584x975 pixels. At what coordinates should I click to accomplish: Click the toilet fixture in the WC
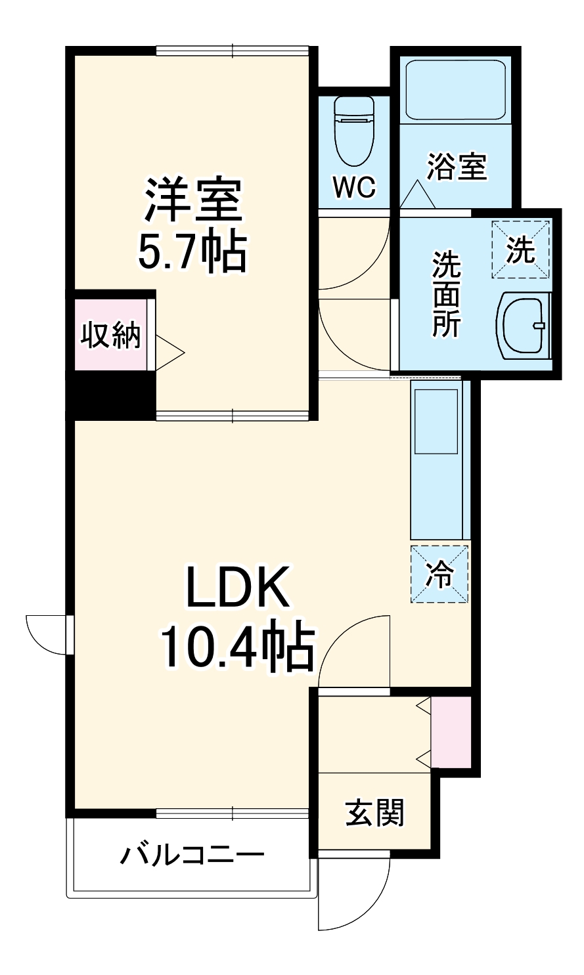click(x=354, y=130)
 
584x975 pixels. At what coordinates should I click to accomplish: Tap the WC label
click(x=355, y=187)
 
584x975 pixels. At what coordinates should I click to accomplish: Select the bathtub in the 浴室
click(x=456, y=89)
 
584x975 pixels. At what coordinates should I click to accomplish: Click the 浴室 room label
click(x=457, y=166)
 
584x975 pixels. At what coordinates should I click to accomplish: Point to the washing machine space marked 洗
click(x=521, y=249)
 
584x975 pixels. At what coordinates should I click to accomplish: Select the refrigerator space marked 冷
click(x=439, y=574)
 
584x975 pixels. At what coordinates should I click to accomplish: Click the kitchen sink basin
click(x=436, y=422)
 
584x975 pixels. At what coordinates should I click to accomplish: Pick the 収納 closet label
click(x=111, y=334)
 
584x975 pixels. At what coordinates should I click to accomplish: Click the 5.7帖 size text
click(x=193, y=252)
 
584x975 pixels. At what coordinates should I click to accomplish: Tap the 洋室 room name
click(x=193, y=200)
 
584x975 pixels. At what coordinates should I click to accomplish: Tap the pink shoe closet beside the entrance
click(x=451, y=731)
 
